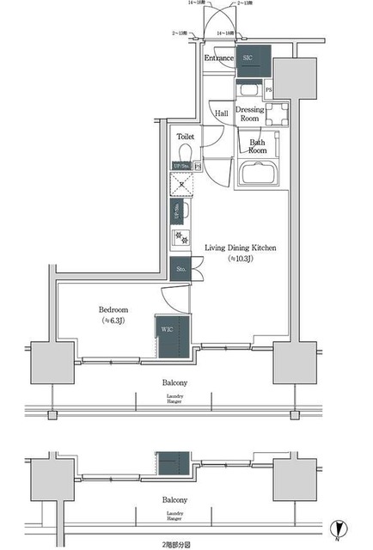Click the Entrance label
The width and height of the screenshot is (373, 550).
click(x=218, y=58)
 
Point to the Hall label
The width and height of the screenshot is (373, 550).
click(x=221, y=112)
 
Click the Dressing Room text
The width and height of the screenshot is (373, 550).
click(x=250, y=115)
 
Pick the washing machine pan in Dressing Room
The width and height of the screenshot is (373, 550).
click(x=276, y=114)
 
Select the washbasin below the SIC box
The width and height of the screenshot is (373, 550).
click(x=249, y=89)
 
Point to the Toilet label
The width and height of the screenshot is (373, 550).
click(x=186, y=137)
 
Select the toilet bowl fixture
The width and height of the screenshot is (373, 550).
click(x=186, y=151)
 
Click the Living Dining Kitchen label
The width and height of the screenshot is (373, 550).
click(x=240, y=247)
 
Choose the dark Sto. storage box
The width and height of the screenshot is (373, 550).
click(x=180, y=269)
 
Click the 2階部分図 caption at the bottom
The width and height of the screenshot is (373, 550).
click(x=179, y=543)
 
